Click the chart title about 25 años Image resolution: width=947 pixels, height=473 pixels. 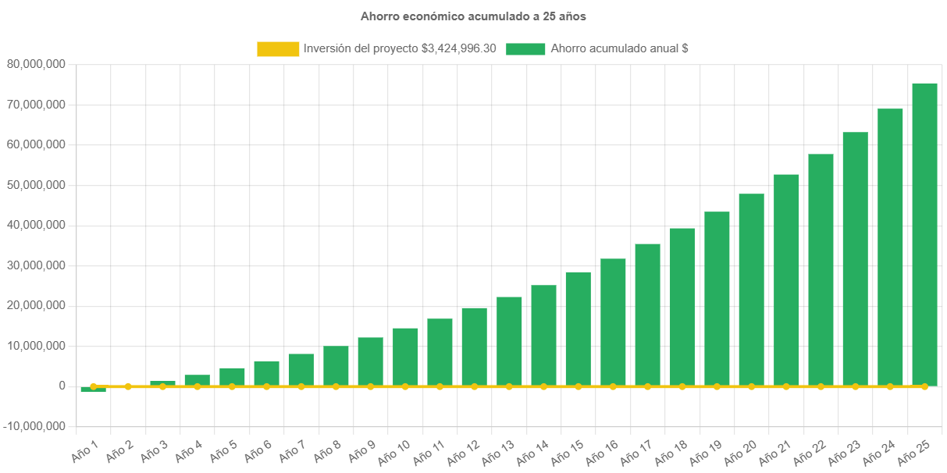point(473,16)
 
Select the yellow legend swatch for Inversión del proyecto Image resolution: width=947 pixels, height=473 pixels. point(277,48)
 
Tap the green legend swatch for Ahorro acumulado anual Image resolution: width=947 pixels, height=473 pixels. point(525,48)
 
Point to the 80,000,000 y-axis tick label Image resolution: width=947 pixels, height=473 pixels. point(36,64)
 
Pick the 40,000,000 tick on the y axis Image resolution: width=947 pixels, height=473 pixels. point(36,225)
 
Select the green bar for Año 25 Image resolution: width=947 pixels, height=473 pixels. point(924,234)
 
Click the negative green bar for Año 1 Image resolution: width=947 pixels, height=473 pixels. point(93,389)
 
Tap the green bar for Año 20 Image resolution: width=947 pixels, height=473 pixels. point(751,289)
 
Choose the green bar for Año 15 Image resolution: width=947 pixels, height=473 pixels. point(578,328)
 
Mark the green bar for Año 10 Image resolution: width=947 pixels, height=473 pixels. point(405,356)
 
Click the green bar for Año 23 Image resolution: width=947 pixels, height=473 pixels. point(855,258)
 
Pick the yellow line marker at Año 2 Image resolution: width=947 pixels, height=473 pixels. point(128,386)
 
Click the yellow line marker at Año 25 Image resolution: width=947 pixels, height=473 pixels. point(924,386)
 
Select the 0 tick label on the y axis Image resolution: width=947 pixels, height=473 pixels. point(62,386)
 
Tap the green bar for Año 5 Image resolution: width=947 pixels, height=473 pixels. point(232,376)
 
